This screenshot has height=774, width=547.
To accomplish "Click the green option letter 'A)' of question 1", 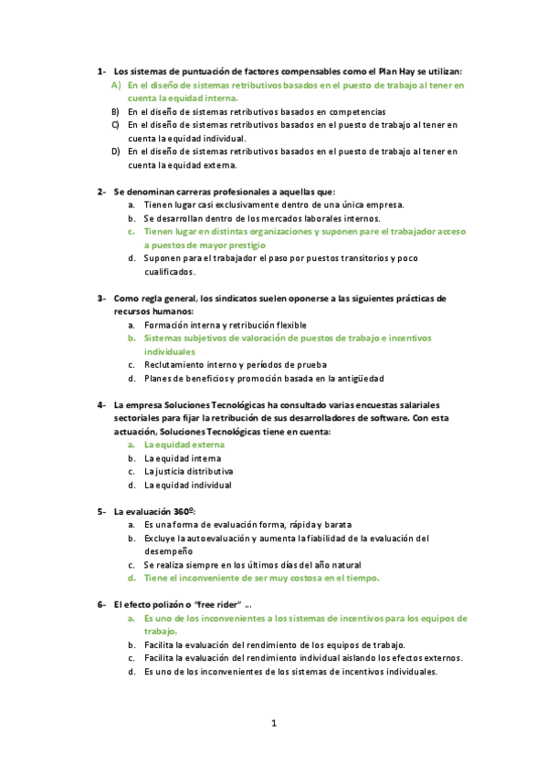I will click(x=116, y=85).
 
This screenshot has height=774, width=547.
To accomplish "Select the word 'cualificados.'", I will click(x=169, y=272).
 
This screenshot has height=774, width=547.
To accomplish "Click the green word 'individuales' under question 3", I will click(x=170, y=351).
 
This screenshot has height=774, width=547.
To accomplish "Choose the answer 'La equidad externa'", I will click(x=183, y=445).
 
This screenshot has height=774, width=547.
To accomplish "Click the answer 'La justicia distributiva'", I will click(x=188, y=472).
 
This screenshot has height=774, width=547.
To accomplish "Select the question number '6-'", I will click(x=102, y=605).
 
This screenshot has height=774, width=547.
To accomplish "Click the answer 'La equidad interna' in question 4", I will click(x=181, y=458).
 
